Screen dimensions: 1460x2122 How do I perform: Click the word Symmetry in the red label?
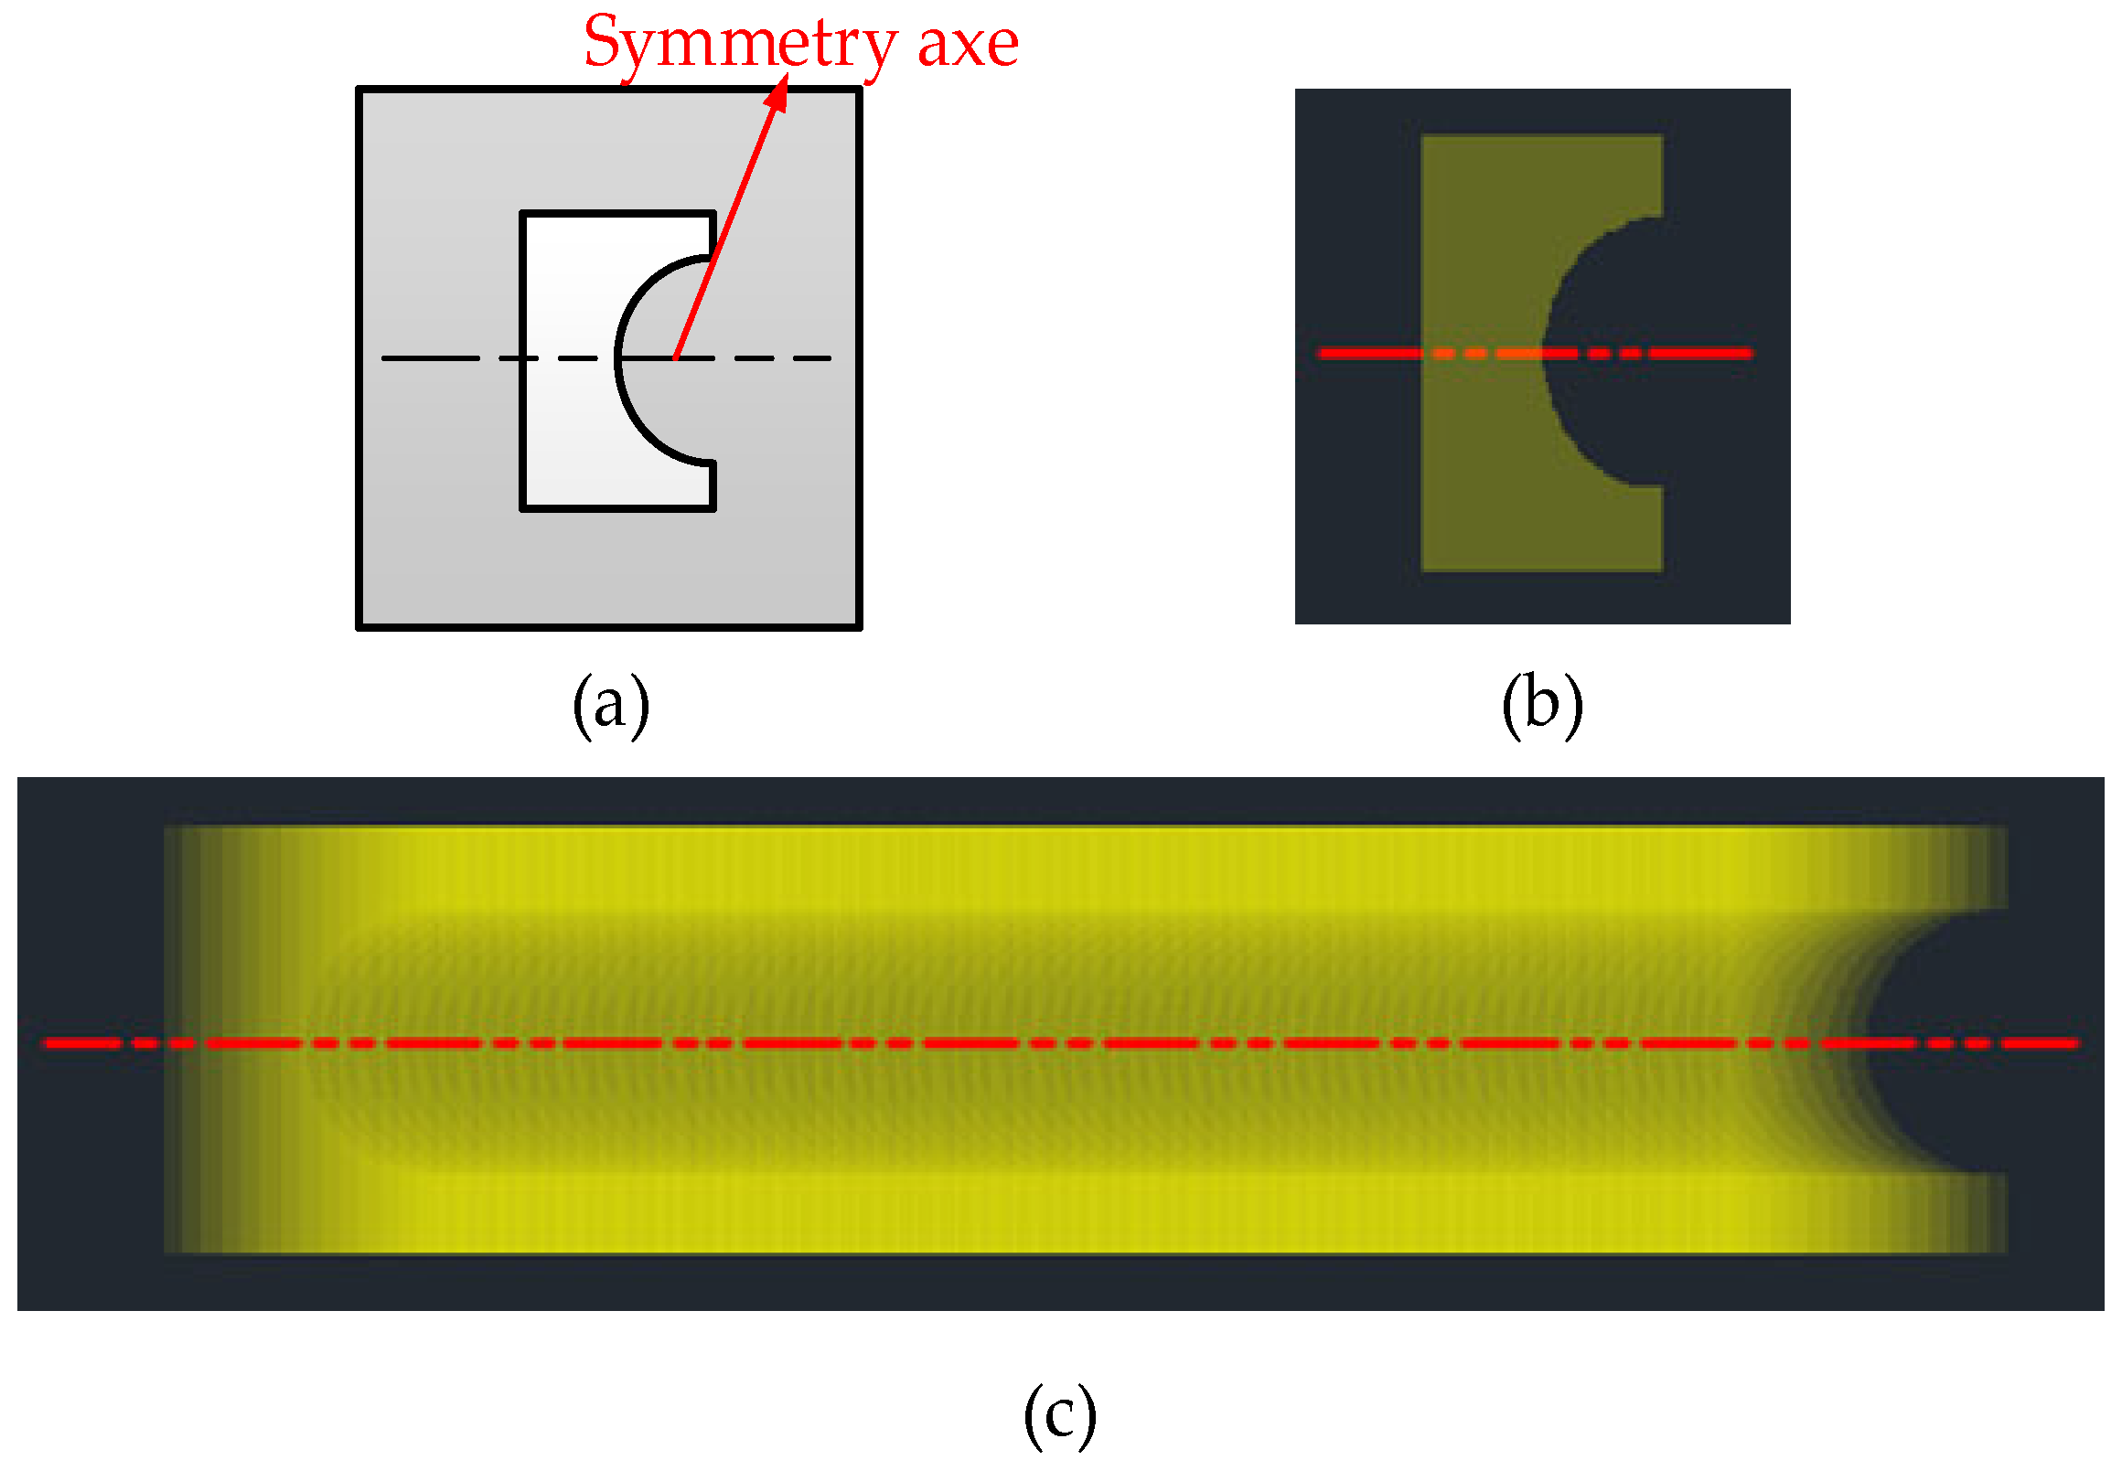tap(740, 44)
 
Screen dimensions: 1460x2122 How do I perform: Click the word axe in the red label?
tap(967, 44)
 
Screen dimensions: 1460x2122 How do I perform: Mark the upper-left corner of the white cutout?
tap(522, 214)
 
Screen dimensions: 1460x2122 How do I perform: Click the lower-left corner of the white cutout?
tap(522, 507)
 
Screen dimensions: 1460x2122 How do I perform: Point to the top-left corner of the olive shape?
tap(1423, 137)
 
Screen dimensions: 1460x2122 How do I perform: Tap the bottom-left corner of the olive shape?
tap(1423, 570)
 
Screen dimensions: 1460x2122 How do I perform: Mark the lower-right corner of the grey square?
tap(858, 626)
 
